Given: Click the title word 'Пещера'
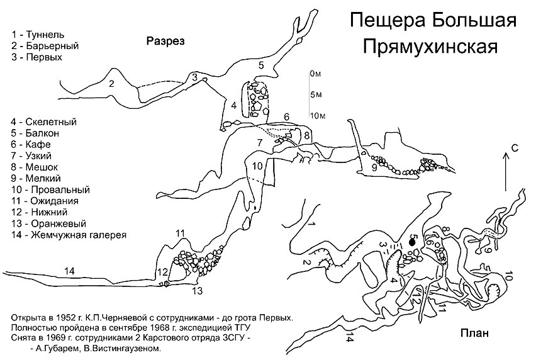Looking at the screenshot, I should coord(386,21).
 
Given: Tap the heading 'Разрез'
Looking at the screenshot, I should coord(165,42).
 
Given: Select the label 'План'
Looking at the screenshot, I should coord(474,334).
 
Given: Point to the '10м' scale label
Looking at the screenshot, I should coord(317,116).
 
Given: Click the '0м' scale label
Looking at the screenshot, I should coord(316,74).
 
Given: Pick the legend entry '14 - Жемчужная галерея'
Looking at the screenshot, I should coord(69,235).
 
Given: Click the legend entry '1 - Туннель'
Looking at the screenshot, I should coord(38,35).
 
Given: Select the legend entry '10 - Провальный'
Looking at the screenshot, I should coord(50,189).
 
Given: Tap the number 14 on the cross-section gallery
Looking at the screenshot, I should coord(69,271).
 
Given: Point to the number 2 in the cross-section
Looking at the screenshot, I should coord(111,83).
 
